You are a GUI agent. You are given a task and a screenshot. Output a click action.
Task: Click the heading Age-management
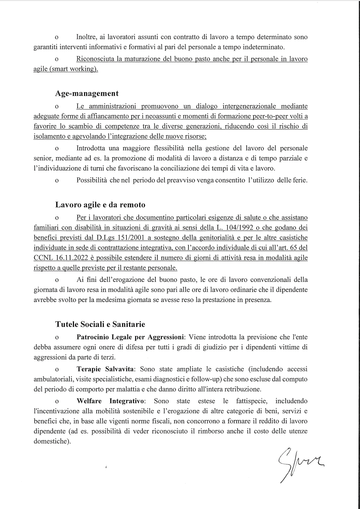pyautogui.click(x=87, y=93)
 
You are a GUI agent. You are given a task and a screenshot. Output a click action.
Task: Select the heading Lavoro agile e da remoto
pyautogui.click(x=100, y=204)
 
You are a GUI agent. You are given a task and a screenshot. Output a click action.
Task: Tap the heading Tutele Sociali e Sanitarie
pyautogui.click(x=100, y=324)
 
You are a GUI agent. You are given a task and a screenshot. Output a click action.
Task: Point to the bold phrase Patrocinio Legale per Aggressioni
pyautogui.click(x=130, y=337)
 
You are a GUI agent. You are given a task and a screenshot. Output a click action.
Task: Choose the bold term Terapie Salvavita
pyautogui.click(x=105, y=369)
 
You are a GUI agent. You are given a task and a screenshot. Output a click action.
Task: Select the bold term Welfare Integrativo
pyautogui.click(x=110, y=401)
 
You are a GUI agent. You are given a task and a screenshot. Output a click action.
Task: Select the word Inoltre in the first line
pyautogui.click(x=86, y=37)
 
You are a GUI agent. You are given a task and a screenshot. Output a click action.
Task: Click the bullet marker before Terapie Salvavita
pyautogui.click(x=57, y=370)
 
